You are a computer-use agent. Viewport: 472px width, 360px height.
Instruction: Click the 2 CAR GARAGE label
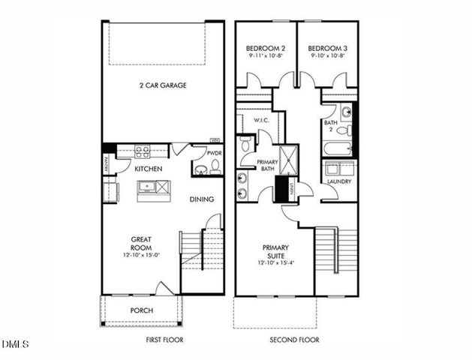163,85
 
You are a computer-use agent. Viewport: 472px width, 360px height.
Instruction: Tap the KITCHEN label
149,169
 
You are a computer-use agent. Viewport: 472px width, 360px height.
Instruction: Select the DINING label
202,199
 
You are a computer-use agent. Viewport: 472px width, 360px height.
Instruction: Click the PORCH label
141,310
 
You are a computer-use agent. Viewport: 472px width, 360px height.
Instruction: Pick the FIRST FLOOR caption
164,340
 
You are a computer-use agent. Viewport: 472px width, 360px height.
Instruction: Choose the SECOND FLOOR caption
294,340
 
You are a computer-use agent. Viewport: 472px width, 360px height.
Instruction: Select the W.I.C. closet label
261,120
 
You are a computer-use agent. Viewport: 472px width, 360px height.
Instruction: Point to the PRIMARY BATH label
267,165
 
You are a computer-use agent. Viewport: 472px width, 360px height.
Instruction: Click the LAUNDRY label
340,181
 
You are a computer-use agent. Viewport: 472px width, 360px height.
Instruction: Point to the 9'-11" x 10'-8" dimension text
266,55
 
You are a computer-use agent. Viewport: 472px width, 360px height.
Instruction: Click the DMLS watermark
15,345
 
